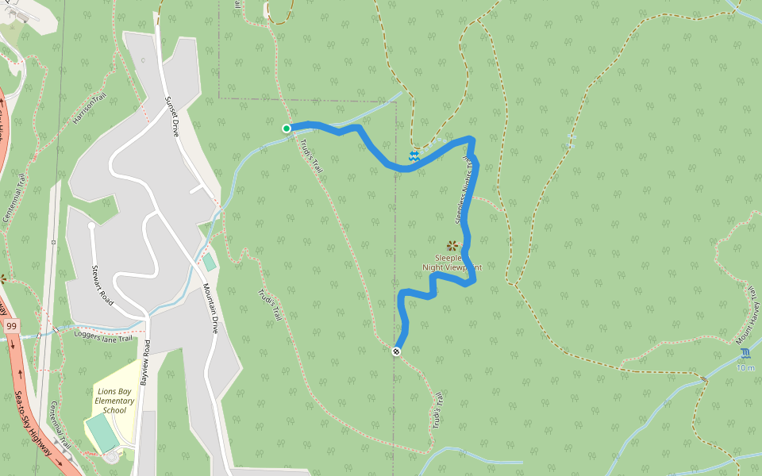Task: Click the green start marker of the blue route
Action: pyautogui.click(x=287, y=128)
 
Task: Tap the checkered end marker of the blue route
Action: pyautogui.click(x=396, y=351)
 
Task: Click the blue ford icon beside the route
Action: pyautogui.click(x=414, y=156)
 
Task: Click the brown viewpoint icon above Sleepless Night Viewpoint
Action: pyautogui.click(x=452, y=245)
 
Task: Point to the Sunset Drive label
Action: pyautogui.click(x=171, y=117)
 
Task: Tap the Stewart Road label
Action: pyautogui.click(x=101, y=285)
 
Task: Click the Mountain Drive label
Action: pyautogui.click(x=210, y=308)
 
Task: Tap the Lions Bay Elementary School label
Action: pyautogui.click(x=114, y=401)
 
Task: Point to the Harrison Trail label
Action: pyautogui.click(x=89, y=109)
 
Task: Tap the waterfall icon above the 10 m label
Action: pyautogui.click(x=745, y=354)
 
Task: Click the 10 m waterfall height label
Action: pyautogui.click(x=745, y=367)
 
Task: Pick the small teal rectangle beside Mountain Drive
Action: pyautogui.click(x=209, y=262)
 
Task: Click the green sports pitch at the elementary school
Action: pyautogui.click(x=102, y=433)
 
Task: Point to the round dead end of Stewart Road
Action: pyautogui.click(x=91, y=226)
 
